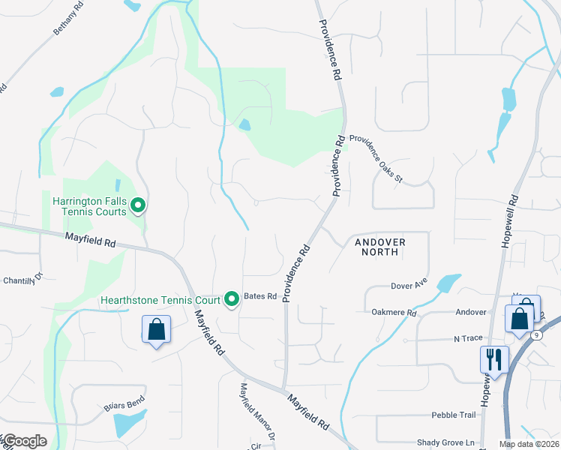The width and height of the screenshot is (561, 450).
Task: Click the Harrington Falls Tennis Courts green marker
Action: (138, 205)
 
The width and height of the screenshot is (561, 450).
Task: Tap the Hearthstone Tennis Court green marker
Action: (232, 299)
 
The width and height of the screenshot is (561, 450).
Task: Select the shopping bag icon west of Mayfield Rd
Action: (156, 329)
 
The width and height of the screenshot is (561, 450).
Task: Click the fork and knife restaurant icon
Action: (494, 358)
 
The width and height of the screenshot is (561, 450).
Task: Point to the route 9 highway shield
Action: (538, 335)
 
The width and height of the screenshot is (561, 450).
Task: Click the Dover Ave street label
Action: (408, 286)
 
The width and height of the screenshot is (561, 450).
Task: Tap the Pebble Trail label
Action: (453, 415)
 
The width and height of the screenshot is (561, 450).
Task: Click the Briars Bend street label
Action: (124, 406)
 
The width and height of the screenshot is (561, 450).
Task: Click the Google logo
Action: (25, 441)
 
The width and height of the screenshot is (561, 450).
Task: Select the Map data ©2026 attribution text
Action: (528, 444)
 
